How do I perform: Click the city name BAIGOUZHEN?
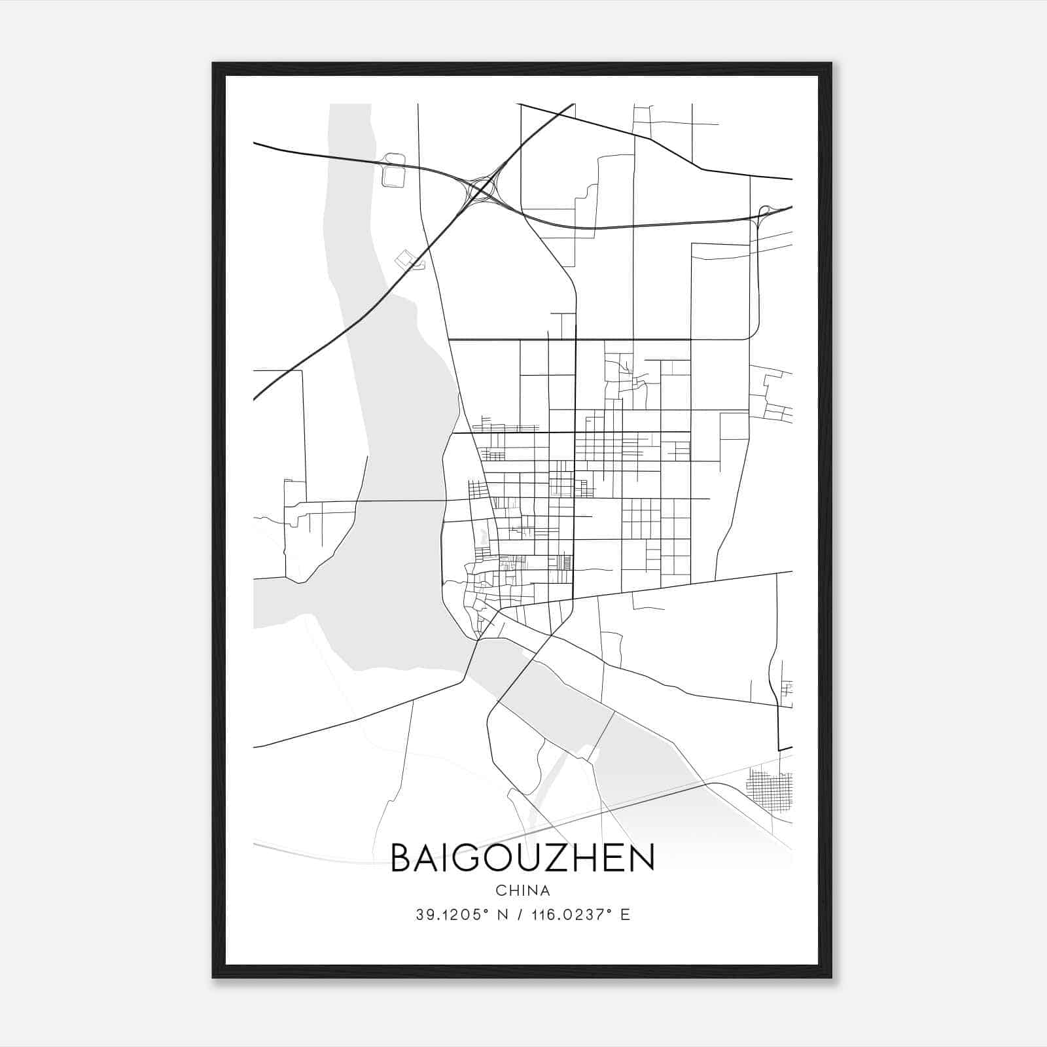tap(522, 858)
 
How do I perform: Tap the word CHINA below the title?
tap(522, 891)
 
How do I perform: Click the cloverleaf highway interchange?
tap(482, 190)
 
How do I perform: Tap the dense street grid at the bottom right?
tap(769, 791)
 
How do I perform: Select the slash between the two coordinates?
tap(521, 915)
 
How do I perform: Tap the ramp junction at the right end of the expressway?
tap(763, 213)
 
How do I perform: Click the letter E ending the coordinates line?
tap(626, 915)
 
